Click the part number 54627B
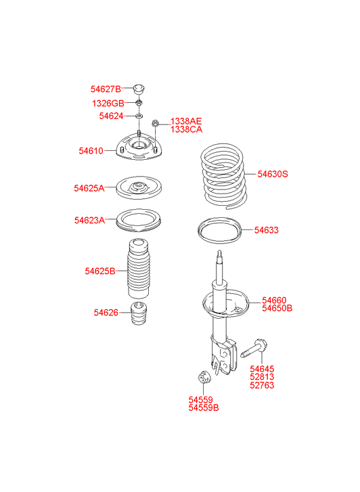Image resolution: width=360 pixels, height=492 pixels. pos(106,89)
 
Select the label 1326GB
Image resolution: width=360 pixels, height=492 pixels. pos(108,104)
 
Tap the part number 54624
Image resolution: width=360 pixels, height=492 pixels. pos(111,116)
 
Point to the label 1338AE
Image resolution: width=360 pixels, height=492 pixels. pos(186,121)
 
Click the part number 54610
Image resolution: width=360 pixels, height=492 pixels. pos(91,151)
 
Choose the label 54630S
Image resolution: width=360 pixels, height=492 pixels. pos(273,174)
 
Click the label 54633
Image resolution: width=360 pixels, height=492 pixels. pos(266,230)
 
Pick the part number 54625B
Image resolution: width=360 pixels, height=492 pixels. pos(100,271)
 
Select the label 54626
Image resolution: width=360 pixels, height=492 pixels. pos(106,313)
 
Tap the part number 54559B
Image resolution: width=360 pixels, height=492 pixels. pos(204,408)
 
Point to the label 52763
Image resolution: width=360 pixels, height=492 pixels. pos(262,385)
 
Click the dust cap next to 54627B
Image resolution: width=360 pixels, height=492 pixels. pos(139,89)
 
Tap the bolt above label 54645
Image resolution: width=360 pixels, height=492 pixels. pos(254,349)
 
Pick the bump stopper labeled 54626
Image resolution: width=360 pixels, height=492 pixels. pos(139,313)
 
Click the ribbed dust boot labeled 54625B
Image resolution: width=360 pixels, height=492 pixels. pos(139,269)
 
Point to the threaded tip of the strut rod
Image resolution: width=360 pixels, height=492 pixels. pos(220,254)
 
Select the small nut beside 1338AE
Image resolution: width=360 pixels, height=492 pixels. pos(155,123)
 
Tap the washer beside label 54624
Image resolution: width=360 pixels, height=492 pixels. pos(139,116)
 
